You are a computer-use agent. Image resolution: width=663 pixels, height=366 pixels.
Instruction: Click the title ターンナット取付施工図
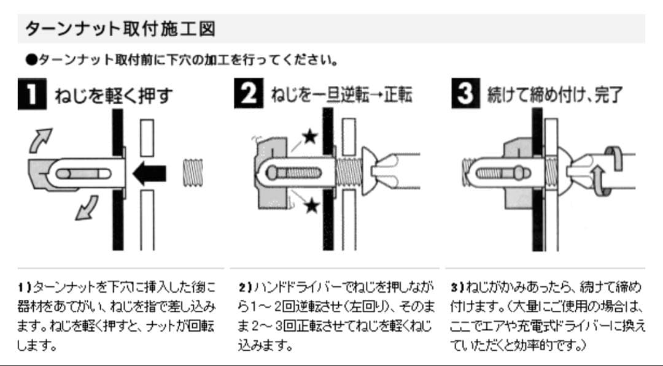click(119, 29)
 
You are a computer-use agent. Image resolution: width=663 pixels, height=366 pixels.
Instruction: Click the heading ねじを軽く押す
click(114, 96)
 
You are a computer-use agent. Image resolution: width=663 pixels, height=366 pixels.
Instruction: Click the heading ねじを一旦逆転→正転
click(341, 95)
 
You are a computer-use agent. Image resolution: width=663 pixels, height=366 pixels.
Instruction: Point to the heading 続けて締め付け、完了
click(555, 95)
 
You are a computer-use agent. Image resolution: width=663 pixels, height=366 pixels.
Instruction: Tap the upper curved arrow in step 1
click(41, 139)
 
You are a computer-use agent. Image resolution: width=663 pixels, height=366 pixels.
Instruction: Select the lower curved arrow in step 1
click(85, 207)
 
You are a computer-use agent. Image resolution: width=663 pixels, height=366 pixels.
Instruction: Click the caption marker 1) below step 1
click(25, 287)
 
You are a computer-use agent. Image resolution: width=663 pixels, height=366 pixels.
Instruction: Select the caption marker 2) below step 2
click(244, 287)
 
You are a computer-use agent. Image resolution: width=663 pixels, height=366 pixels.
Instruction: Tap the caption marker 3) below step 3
click(457, 287)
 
